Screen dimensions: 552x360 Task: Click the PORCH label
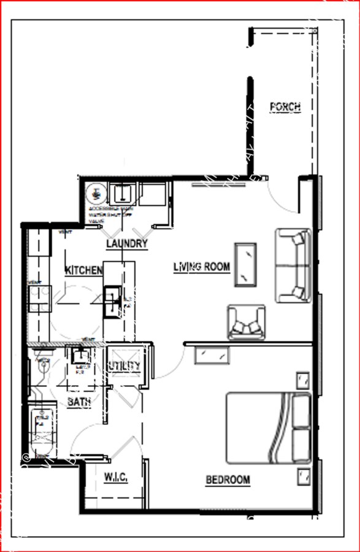(285, 107)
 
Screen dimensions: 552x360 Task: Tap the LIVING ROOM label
(202, 267)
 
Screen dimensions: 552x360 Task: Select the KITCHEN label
(83, 270)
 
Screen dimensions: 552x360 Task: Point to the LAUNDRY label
(128, 243)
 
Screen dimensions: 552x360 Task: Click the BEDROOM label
(228, 480)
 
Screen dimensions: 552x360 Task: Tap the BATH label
(79, 402)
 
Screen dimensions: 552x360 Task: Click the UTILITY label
(124, 366)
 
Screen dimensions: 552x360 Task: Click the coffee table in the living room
(245, 264)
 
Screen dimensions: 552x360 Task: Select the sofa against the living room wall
(293, 265)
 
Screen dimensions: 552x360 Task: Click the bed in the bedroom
(269, 427)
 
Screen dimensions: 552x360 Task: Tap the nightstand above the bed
(302, 381)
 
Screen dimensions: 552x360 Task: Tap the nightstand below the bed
(302, 475)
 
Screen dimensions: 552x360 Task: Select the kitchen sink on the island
(112, 301)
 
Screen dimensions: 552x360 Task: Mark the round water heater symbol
(95, 194)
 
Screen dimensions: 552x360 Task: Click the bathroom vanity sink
(80, 356)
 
